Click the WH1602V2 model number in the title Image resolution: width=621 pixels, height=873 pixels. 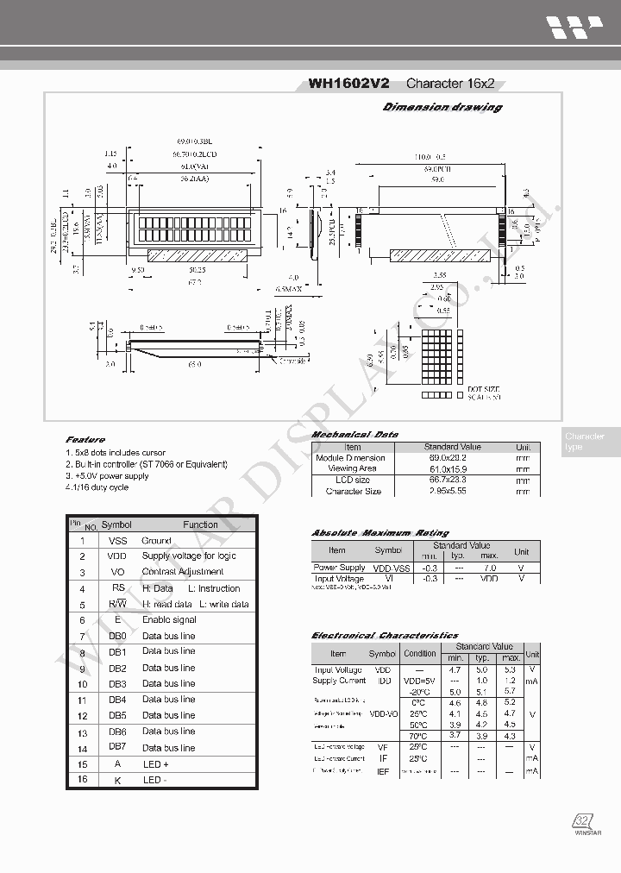tap(349, 84)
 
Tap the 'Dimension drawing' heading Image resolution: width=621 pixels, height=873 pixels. tap(442, 107)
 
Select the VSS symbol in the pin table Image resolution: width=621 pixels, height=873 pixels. tap(117, 540)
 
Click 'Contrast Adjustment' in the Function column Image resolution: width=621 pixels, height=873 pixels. tap(183, 572)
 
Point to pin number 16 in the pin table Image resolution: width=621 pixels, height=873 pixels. tap(82, 780)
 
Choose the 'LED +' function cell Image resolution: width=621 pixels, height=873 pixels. tap(156, 764)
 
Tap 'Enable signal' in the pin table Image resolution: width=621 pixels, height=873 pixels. tap(169, 619)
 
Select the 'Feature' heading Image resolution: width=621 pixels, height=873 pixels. tap(85, 440)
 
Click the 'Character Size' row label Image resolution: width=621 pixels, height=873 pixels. tap(353, 491)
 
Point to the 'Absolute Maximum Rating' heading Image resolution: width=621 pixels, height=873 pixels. tap(380, 533)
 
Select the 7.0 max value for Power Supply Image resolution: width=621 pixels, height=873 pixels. tap(489, 568)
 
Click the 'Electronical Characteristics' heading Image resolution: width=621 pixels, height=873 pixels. tap(385, 635)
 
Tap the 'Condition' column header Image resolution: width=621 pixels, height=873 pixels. tap(420, 653)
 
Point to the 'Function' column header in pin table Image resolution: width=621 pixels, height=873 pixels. tap(200, 524)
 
